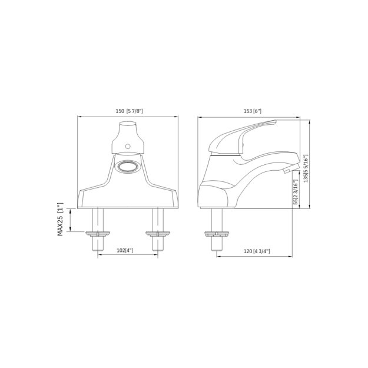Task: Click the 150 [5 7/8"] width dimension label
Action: [x=128, y=111]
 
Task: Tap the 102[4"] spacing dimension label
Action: [x=125, y=250]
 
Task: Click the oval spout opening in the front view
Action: [x=128, y=167]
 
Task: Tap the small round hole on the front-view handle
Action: [x=127, y=145]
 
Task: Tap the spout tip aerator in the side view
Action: [x=286, y=171]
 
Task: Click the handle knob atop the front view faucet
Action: [x=128, y=135]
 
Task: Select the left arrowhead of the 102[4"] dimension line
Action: [x=99, y=256]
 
